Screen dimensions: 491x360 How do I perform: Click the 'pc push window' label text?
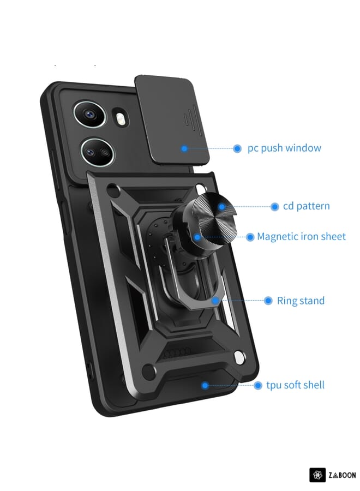[x=284, y=148]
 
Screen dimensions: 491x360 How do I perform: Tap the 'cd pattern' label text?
[x=307, y=206]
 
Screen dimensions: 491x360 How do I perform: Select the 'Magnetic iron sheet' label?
[x=301, y=237]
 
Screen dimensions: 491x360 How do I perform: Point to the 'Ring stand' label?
[x=301, y=301]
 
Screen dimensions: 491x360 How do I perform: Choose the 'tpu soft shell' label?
[x=295, y=385]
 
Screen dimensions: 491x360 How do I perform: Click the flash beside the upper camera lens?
[x=120, y=118]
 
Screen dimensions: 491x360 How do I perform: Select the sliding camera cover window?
[x=172, y=119]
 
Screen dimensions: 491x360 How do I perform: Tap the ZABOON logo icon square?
[x=317, y=475]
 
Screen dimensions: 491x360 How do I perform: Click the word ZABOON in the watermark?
[x=342, y=475]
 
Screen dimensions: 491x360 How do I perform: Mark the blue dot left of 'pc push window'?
[x=237, y=148]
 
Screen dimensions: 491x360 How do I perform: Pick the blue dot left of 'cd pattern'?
[x=275, y=207]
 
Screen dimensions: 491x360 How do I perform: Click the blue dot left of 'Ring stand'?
[x=268, y=301]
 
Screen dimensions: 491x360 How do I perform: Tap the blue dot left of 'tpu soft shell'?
[x=258, y=385]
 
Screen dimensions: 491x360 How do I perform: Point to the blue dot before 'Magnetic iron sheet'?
[x=250, y=237]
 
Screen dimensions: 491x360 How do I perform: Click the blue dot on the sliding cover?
[x=184, y=148]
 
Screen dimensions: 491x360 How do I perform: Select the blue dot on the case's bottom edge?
[x=205, y=385]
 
